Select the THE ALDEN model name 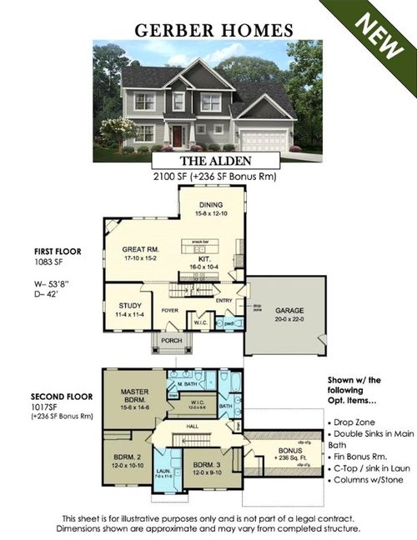tap(208, 160)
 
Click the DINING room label tap(212, 205)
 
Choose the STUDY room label tap(121, 306)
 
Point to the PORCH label tap(170, 341)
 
